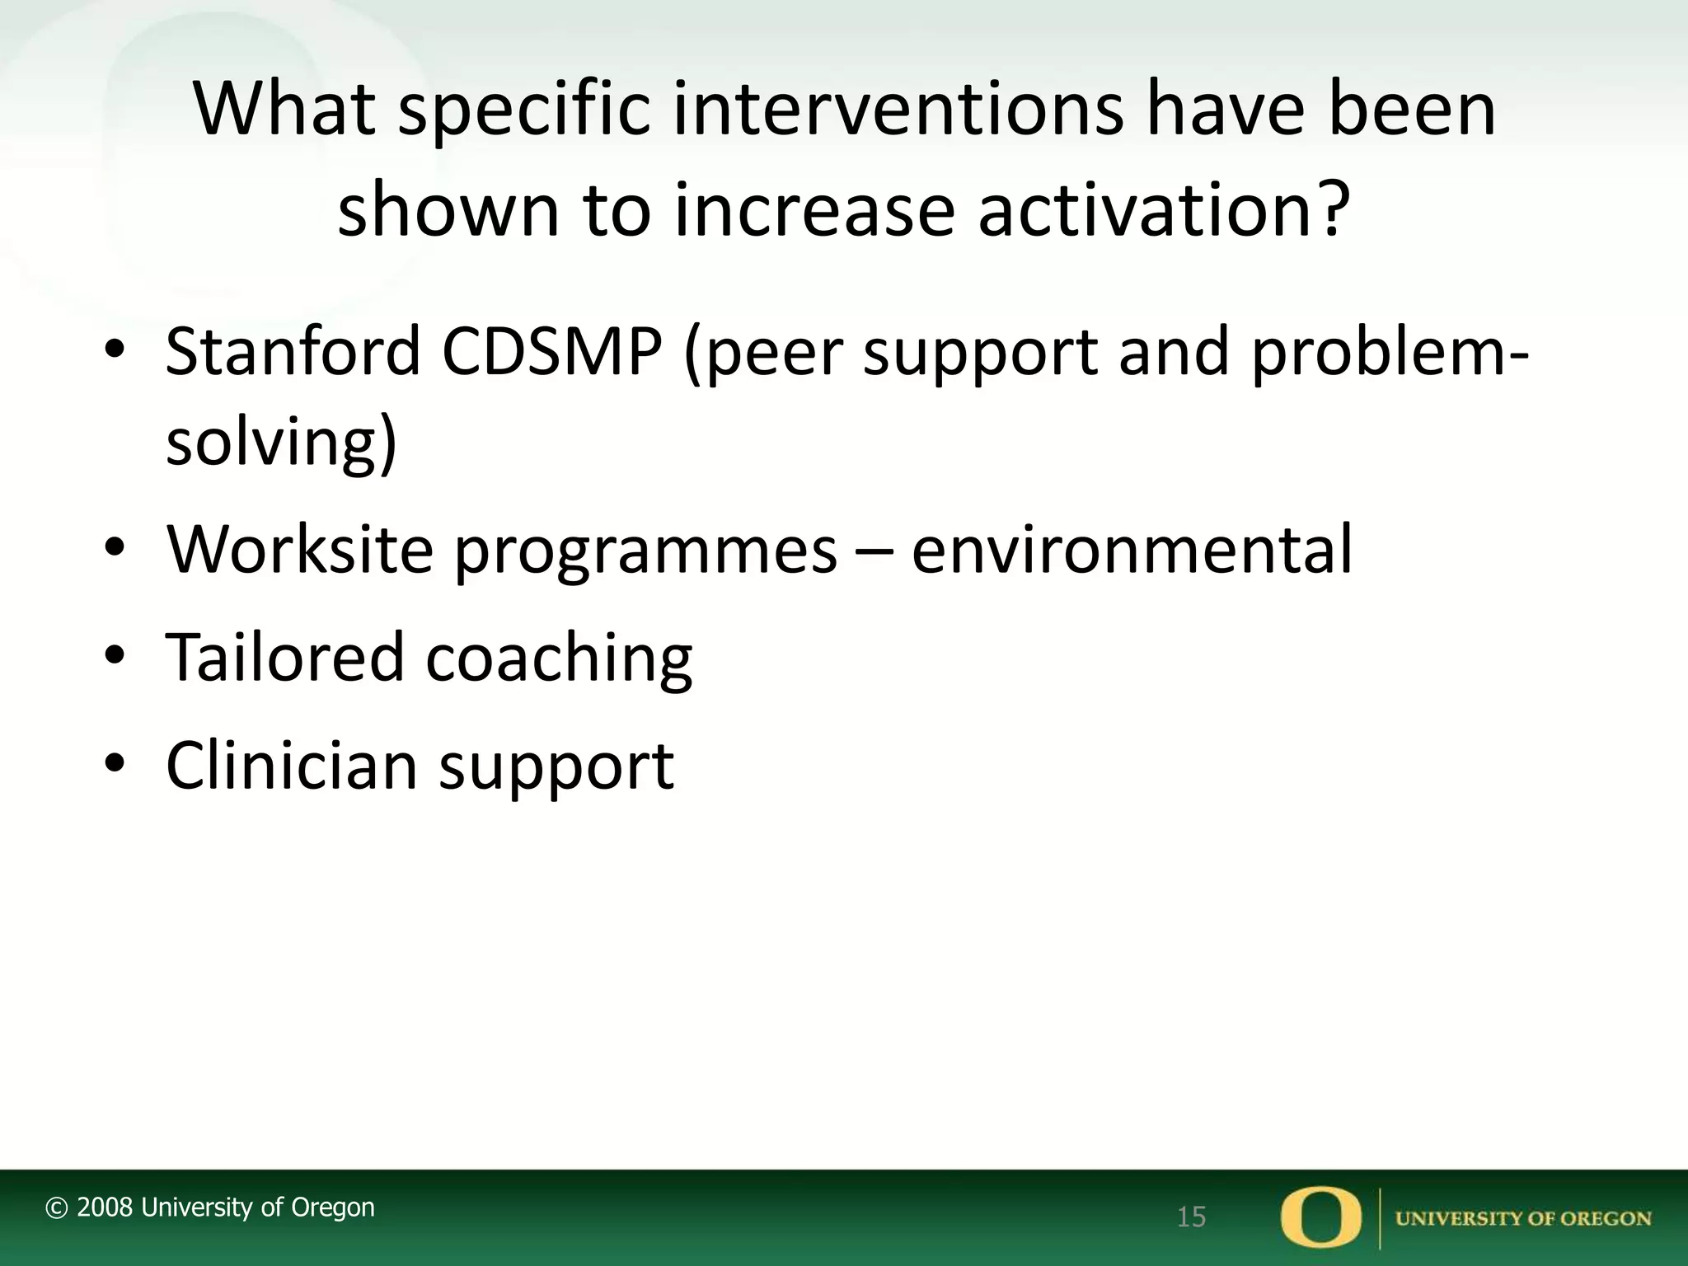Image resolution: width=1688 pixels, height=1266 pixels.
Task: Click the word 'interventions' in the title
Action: tap(898, 110)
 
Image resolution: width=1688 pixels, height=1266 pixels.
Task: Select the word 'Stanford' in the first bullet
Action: tap(293, 352)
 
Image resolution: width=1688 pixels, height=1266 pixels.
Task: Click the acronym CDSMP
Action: tap(551, 352)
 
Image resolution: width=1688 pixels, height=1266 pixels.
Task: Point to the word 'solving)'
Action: tap(281, 443)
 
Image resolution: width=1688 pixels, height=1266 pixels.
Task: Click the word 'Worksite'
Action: tap(299, 549)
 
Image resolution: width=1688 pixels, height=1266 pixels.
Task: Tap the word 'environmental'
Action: tap(1132, 549)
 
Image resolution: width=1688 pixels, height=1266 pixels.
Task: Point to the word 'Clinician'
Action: tap(292, 766)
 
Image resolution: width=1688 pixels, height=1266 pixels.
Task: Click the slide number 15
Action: tap(1191, 1217)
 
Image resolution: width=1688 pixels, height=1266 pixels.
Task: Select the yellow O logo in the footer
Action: tap(1320, 1217)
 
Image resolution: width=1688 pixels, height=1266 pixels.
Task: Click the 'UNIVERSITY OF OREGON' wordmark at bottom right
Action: tap(1523, 1219)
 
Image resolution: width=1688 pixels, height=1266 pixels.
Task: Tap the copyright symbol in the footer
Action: tap(56, 1208)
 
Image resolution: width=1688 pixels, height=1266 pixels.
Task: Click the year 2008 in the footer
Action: tap(105, 1207)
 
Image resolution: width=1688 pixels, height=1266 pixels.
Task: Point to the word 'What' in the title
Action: tap(284, 110)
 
